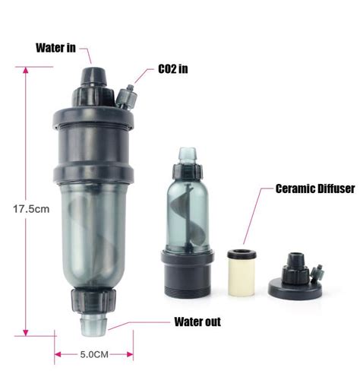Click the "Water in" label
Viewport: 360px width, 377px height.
click(x=55, y=48)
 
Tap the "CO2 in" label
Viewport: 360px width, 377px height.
click(x=173, y=69)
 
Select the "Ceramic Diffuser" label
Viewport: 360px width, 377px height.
click(x=315, y=188)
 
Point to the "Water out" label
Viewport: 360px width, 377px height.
click(x=197, y=322)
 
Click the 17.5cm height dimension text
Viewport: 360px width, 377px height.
click(x=31, y=209)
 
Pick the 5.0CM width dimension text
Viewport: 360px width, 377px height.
click(x=94, y=354)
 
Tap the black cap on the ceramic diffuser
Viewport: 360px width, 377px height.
click(x=242, y=254)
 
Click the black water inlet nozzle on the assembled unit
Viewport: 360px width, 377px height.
click(x=93, y=77)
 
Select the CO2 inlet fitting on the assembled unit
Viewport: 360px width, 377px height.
click(x=127, y=97)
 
